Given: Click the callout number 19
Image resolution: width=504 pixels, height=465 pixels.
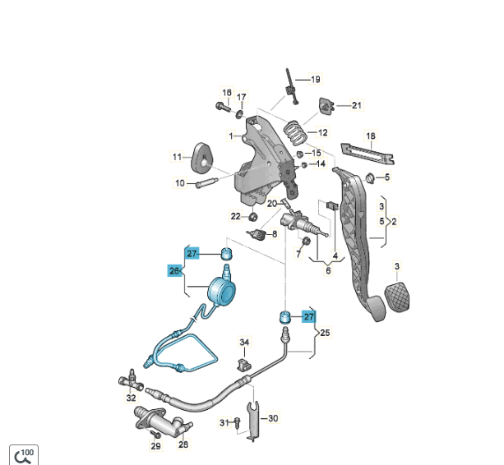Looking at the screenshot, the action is click(316, 80).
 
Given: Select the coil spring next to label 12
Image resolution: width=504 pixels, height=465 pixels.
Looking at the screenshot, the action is click(295, 132).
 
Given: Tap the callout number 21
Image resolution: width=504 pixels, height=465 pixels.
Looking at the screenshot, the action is click(357, 105).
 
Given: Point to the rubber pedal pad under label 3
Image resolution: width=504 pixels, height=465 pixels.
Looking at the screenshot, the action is click(397, 297).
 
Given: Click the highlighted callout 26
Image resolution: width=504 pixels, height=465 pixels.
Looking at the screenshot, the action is click(174, 271).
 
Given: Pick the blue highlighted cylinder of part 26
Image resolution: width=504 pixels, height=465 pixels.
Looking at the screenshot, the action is click(222, 292).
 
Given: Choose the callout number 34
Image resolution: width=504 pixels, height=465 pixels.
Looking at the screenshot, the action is click(244, 343).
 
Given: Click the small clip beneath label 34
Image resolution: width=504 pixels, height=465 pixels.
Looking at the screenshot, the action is click(244, 365).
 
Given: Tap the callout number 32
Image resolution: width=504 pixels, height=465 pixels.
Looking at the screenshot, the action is click(132, 398).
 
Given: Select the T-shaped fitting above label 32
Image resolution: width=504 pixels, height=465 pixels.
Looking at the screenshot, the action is click(132, 380).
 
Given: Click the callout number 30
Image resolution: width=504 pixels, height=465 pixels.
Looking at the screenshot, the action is click(273, 418).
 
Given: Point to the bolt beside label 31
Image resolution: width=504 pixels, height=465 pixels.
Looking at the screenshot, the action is click(238, 421).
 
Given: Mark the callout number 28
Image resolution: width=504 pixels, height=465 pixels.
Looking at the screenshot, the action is click(183, 444).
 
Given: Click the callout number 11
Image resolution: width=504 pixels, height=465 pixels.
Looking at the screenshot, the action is click(177, 157).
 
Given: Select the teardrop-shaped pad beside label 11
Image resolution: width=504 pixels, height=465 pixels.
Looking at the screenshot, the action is click(201, 159).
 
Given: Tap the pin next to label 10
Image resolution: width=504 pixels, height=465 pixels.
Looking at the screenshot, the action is click(206, 182).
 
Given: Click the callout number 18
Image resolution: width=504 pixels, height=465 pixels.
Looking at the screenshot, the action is click(371, 136).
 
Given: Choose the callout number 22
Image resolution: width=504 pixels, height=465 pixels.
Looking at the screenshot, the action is click(236, 216).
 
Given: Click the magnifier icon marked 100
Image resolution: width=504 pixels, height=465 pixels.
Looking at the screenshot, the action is click(24, 455).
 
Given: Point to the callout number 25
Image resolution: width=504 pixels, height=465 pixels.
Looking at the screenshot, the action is click(325, 333).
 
